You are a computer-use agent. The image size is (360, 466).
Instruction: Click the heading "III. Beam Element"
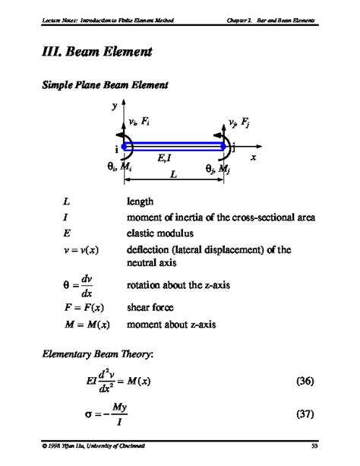coord(93,53)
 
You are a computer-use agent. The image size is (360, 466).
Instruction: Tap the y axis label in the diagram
coord(115,108)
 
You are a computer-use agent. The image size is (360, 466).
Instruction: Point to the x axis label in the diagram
coord(254,156)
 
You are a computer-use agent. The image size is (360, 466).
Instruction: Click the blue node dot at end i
coord(125,147)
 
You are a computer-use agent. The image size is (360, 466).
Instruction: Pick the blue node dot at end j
coord(226,147)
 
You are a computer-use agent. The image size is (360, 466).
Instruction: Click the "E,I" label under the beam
coord(166,157)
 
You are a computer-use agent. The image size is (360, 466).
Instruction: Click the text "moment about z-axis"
coord(172,324)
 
